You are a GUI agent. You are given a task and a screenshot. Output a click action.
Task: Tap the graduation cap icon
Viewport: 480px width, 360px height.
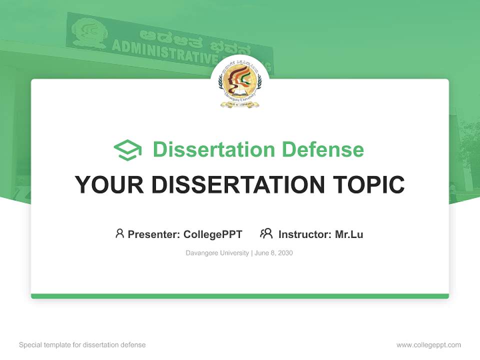pyautogui.click(x=127, y=150)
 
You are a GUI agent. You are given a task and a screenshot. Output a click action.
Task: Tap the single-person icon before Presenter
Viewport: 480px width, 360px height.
pyautogui.click(x=119, y=233)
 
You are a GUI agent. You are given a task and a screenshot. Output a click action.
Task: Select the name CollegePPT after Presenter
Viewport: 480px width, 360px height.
pyautogui.click(x=212, y=234)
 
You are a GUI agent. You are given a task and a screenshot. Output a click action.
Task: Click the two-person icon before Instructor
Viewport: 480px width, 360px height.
pyautogui.click(x=266, y=233)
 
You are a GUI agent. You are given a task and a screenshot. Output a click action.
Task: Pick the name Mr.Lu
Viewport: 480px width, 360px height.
pyautogui.click(x=349, y=234)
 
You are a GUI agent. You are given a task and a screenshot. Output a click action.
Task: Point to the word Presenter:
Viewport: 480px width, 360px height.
pyautogui.click(x=154, y=234)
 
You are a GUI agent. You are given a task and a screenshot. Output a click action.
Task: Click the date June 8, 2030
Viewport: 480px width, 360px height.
pyautogui.click(x=273, y=253)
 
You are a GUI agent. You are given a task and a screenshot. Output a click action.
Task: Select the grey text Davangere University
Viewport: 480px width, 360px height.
pyautogui.click(x=217, y=253)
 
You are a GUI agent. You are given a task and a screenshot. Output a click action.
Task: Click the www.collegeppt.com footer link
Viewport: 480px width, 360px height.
pyautogui.click(x=428, y=345)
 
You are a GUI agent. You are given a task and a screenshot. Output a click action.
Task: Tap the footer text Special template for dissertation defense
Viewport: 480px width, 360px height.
pyautogui.click(x=82, y=345)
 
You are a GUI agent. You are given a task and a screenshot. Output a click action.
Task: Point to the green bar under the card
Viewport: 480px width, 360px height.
pyautogui.click(x=240, y=296)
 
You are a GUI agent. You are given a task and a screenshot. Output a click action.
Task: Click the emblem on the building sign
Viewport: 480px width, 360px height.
pyautogui.click(x=89, y=32)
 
